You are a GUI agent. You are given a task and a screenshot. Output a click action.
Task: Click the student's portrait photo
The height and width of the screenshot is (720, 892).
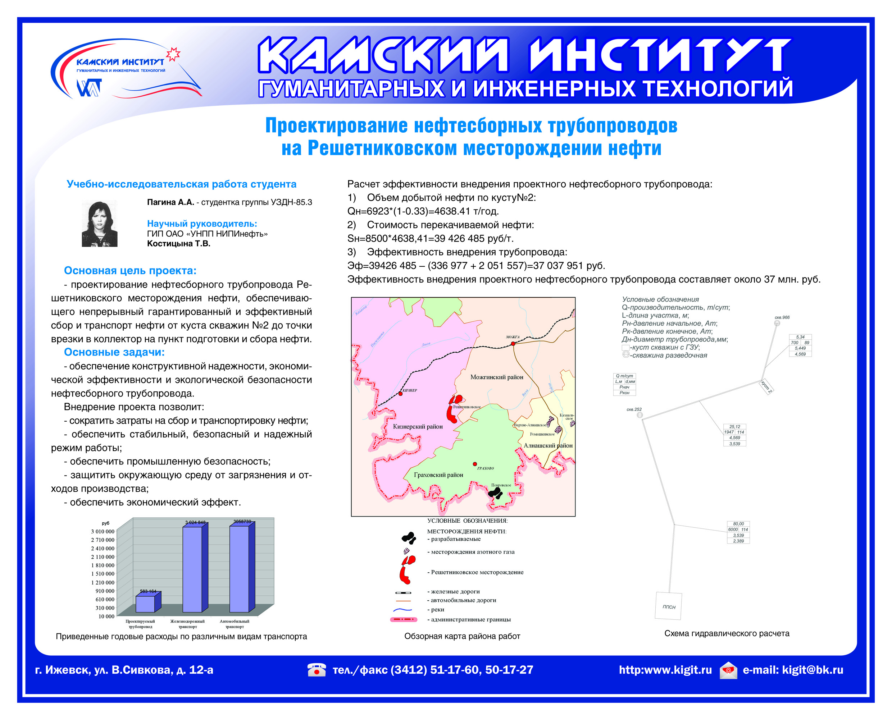point(100,224)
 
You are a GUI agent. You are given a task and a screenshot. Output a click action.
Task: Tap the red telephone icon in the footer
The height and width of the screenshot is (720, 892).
point(317,669)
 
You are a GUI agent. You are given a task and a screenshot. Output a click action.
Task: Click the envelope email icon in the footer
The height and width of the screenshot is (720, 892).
point(728,670)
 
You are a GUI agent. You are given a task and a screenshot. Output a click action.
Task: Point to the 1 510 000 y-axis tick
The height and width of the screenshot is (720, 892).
point(103,574)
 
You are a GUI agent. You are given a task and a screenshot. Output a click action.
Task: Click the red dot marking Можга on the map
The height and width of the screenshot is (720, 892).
point(513,343)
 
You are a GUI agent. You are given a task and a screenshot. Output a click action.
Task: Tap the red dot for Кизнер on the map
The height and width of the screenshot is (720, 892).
point(400,393)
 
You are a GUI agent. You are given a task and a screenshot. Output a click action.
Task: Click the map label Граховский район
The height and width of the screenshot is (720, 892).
point(438,475)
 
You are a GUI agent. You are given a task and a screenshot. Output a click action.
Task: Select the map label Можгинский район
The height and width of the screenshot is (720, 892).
point(497,377)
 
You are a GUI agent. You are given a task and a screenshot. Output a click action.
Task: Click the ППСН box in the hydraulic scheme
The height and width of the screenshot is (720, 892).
point(668,606)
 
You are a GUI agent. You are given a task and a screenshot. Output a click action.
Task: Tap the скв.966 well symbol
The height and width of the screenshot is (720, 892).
point(777,323)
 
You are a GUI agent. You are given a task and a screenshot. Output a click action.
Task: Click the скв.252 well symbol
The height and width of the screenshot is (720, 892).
point(640,415)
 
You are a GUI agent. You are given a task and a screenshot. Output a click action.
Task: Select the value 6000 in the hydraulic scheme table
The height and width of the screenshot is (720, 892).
point(733,529)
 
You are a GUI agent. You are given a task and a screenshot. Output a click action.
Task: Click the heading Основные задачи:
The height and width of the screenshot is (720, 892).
point(114,352)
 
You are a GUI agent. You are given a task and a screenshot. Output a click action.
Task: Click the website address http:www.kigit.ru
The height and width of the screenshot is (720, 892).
point(665,670)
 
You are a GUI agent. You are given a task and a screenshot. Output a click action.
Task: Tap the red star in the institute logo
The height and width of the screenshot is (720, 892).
point(173,54)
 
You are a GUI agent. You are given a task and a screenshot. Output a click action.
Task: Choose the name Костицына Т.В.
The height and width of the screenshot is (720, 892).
point(178,243)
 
